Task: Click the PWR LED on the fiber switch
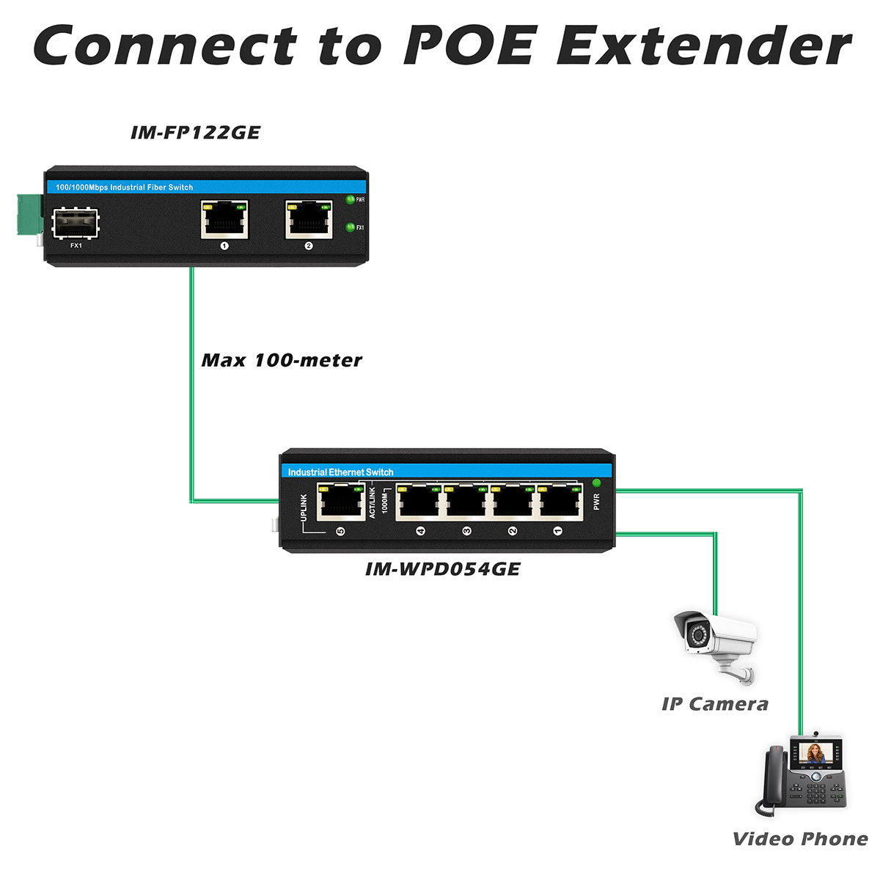350,199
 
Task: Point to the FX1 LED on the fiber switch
350,227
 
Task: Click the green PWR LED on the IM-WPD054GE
596,483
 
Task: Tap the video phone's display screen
815,752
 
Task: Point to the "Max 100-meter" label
282,360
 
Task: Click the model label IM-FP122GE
195,133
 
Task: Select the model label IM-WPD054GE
442,569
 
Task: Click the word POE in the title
472,45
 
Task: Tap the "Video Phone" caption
800,839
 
